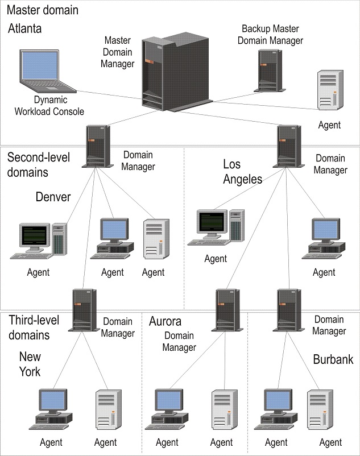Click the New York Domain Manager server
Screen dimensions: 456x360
pyautogui.click(x=84, y=310)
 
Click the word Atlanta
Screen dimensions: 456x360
pyautogui.click(x=25, y=28)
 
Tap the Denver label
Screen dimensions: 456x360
pyautogui.click(x=53, y=197)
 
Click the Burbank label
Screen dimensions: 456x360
pyautogui.click(x=333, y=359)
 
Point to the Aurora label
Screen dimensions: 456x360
pyautogui.click(x=165, y=322)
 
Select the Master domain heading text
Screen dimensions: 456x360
pyautogui.click(x=43, y=10)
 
